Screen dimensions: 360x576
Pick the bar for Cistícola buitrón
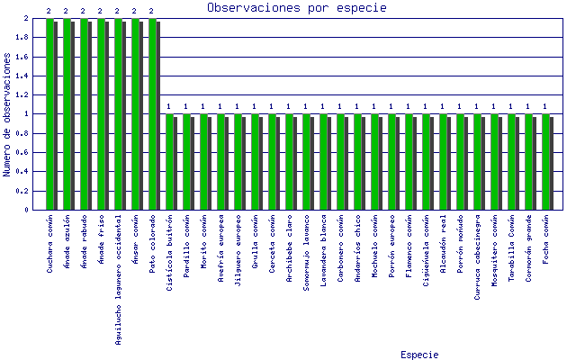[x=170, y=162]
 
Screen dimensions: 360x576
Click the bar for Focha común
[x=545, y=162]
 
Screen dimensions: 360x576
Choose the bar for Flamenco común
[x=409, y=162]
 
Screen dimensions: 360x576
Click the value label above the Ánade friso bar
[x=101, y=12]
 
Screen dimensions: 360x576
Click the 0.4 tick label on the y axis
[x=25, y=172]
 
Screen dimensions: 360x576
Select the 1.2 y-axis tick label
[x=25, y=95]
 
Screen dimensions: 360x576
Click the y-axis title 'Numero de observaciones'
[x=7, y=114]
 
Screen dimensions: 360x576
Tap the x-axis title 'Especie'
[x=419, y=355]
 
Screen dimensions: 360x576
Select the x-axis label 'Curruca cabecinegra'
[x=477, y=253]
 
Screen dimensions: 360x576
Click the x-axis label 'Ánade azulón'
[x=67, y=239]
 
